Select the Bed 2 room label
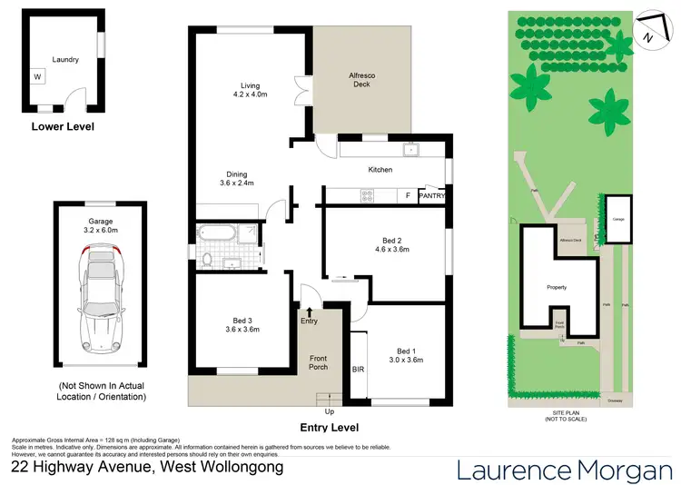pyautogui.click(x=396, y=244)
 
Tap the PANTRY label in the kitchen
pyautogui.click(x=431, y=195)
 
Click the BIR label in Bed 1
pyautogui.click(x=358, y=370)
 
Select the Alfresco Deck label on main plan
pyautogui.click(x=363, y=81)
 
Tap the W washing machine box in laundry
pyautogui.click(x=38, y=77)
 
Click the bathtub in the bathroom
pyautogui.click(x=218, y=235)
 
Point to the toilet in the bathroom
pyautogui.click(x=208, y=261)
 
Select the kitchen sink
pyautogui.click(x=410, y=150)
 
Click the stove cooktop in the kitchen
pyautogui.click(x=369, y=194)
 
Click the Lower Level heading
pyautogui.click(x=63, y=127)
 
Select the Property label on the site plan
pyautogui.click(x=556, y=287)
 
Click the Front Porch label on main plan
pyautogui.click(x=318, y=361)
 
